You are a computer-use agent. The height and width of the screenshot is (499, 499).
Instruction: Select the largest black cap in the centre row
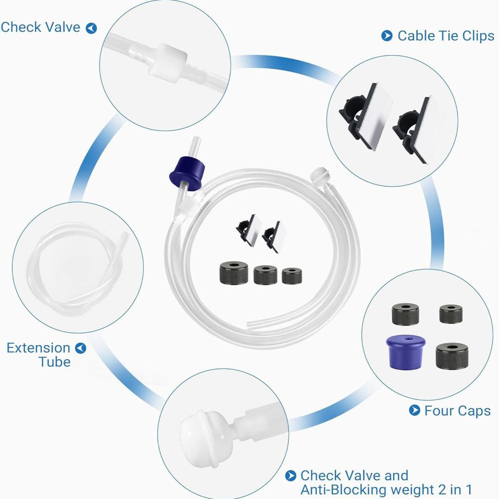click(x=234, y=273)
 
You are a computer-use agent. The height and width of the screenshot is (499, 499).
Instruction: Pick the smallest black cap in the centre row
click(x=292, y=276)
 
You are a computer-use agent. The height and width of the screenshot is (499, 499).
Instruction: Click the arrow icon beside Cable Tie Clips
click(x=386, y=36)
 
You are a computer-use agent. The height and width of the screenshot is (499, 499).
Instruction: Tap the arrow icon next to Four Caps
click(x=414, y=410)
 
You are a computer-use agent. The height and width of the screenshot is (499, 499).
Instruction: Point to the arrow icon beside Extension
click(x=80, y=348)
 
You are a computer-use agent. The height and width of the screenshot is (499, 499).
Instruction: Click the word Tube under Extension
click(x=55, y=362)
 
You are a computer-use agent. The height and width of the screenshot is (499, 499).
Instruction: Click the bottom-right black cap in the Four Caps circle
click(x=452, y=356)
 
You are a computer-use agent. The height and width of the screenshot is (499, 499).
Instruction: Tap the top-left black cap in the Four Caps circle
click(x=405, y=314)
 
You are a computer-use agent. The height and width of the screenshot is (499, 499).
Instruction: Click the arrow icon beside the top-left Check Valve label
click(x=91, y=28)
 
